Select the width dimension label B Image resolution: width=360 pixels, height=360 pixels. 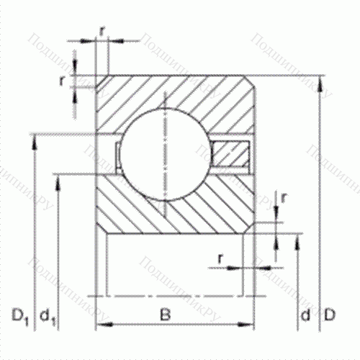coord(166,315)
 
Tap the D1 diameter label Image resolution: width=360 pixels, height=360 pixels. coord(21,315)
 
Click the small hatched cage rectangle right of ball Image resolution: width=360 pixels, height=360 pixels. coord(230,153)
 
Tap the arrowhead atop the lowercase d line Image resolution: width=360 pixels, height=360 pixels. coord(299,238)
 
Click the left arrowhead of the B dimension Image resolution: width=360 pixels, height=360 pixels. coord(101,325)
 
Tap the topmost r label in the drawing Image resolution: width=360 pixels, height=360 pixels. coord(103,31)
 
